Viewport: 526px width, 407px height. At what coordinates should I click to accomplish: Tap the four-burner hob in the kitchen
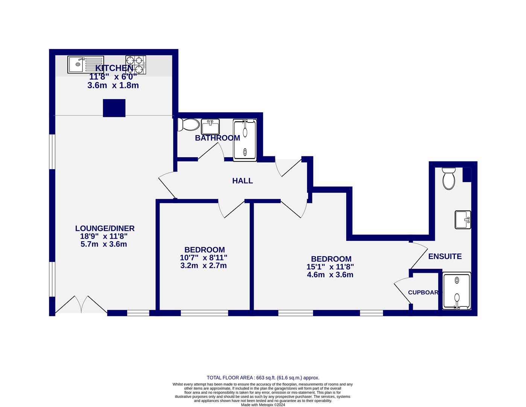click(136, 65)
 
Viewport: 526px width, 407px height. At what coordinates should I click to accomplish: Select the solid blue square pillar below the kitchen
click(114, 108)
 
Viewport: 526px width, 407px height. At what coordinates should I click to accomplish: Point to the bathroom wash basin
click(210, 127)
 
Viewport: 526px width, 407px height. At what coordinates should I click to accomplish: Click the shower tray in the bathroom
click(245, 140)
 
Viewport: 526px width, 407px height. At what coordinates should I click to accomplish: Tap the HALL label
click(242, 181)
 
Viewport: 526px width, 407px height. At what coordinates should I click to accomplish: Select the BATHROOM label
click(217, 138)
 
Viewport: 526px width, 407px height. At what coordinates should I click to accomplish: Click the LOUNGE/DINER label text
click(105, 228)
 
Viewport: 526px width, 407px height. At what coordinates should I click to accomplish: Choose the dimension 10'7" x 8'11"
click(204, 258)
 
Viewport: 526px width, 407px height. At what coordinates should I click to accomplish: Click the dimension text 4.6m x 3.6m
click(330, 275)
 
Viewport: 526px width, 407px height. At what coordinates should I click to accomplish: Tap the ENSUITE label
click(445, 256)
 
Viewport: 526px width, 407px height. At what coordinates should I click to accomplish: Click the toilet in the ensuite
click(449, 179)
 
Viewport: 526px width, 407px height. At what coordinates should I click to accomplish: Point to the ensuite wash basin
click(462, 219)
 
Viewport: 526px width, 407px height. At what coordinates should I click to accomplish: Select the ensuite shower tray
click(456, 291)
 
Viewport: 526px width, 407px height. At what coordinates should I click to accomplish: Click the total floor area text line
click(263, 378)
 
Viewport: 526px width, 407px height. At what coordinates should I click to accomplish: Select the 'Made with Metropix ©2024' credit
click(263, 405)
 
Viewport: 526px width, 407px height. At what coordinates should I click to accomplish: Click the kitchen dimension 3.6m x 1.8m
click(113, 86)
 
